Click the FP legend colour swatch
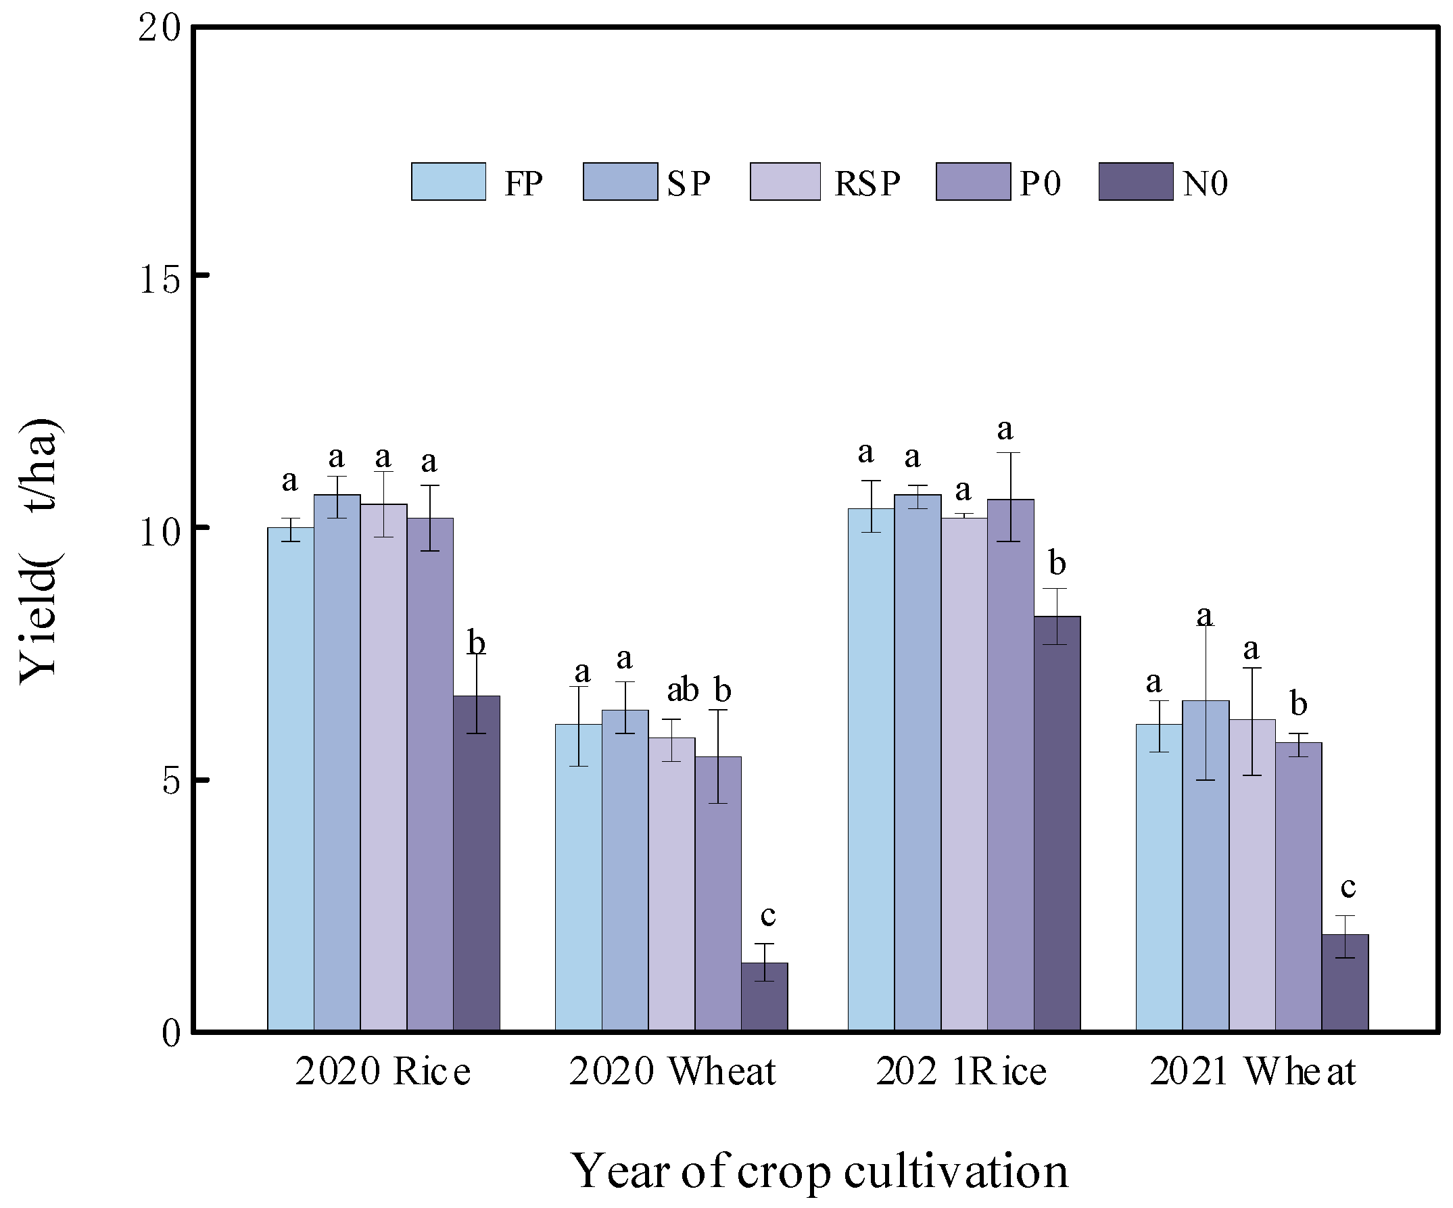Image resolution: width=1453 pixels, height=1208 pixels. (448, 182)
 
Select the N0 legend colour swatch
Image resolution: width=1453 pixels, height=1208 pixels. (1135, 182)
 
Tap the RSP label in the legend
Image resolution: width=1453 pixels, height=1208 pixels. (867, 184)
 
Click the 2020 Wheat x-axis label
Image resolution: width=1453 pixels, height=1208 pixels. (672, 1071)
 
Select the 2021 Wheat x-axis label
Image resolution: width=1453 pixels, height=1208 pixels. (1252, 1071)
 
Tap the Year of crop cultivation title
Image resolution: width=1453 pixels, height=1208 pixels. (819, 1171)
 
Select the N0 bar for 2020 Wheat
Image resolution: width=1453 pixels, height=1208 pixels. (765, 996)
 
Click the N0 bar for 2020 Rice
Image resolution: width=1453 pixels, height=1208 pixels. (477, 863)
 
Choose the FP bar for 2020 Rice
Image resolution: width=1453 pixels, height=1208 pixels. (291, 779)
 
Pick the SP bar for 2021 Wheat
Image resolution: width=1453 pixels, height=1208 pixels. (1206, 866)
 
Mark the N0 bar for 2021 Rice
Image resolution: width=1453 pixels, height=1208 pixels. (1057, 823)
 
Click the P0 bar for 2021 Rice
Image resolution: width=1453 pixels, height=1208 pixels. (1010, 765)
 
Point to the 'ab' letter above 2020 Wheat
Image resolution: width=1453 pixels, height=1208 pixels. (682, 690)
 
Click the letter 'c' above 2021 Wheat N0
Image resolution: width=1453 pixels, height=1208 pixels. (1348, 887)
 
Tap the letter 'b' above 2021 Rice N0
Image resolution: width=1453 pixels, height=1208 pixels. (1057, 563)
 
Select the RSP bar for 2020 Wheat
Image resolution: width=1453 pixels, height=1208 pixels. (671, 885)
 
